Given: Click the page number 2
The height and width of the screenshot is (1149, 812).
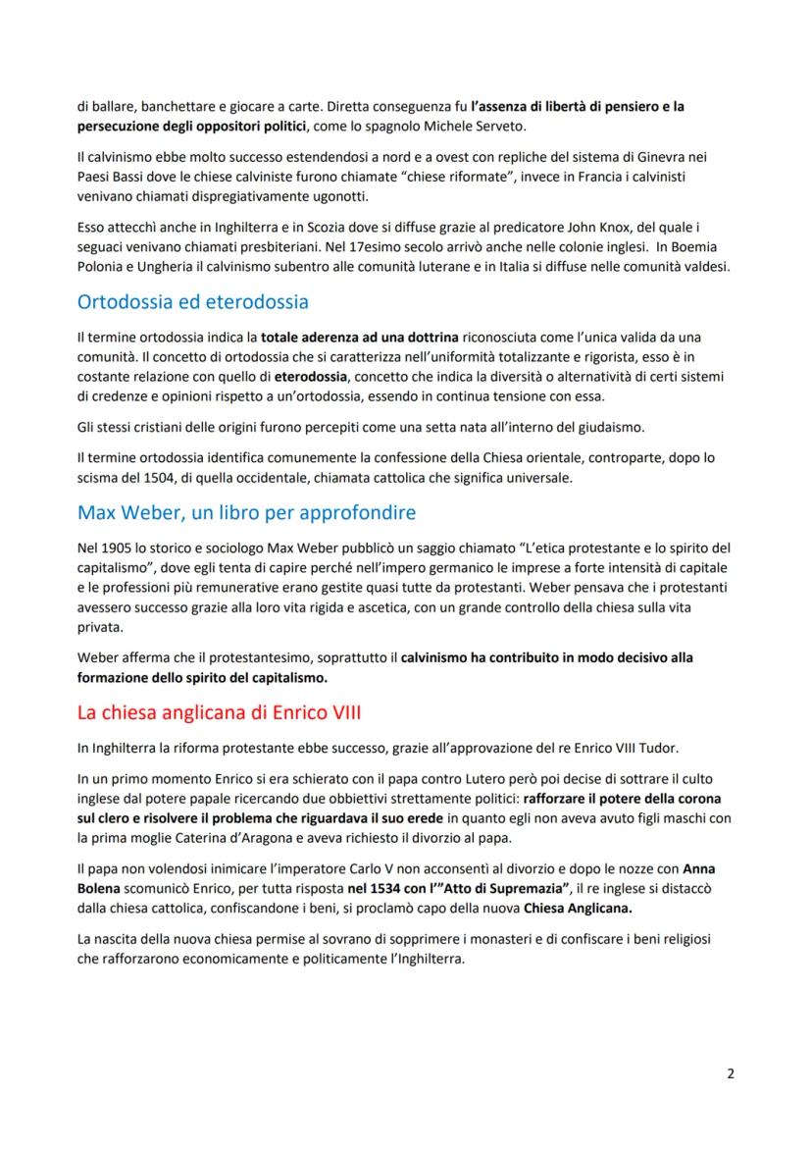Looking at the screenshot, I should [x=730, y=1072].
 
